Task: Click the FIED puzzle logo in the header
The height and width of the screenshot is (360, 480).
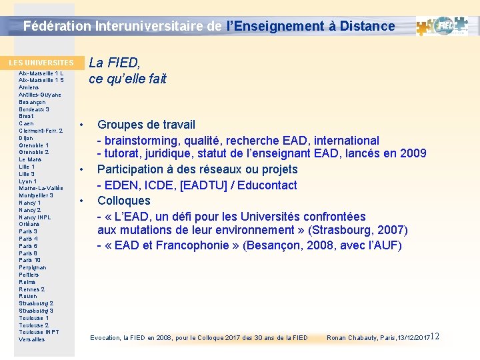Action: coord(445,26)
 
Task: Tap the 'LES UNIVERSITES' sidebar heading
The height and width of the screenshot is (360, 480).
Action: coord(41,63)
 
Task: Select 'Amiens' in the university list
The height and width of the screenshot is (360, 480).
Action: coord(29,87)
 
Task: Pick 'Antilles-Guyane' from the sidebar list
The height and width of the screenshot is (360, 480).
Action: coord(40,95)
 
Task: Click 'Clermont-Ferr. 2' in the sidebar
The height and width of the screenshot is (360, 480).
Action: coord(41,131)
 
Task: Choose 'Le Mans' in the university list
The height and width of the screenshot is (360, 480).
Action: coord(31,159)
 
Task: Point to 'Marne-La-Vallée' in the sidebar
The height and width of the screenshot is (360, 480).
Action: coord(41,188)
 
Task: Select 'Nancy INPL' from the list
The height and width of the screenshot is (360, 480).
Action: coord(35,217)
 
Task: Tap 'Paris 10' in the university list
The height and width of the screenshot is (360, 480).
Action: coord(30,260)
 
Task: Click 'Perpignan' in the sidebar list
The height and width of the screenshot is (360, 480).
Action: coord(33,267)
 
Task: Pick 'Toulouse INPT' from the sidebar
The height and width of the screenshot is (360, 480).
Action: coord(39,332)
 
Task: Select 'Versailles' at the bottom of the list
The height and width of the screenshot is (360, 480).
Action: coord(32,339)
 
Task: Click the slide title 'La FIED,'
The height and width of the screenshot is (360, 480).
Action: coord(115,63)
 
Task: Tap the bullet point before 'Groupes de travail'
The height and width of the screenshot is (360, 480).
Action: coord(81,125)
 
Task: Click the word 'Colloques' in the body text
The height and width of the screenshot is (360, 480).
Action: coord(124,201)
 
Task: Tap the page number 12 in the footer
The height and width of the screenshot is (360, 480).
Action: coord(435,336)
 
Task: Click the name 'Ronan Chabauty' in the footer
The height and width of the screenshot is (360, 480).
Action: coord(352,338)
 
